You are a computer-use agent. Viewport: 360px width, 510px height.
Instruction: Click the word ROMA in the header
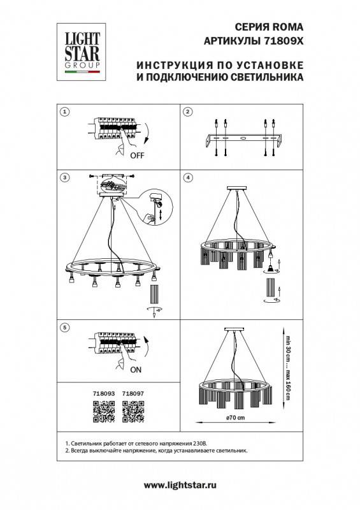[285, 27]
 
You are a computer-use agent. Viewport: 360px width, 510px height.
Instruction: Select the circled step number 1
[64, 112]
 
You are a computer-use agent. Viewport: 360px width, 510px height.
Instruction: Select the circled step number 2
[187, 112]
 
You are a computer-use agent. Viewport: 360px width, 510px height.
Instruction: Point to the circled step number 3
[64, 176]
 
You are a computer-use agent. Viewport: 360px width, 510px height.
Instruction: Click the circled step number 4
[187, 176]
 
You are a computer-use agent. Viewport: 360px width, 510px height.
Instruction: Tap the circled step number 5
[64, 327]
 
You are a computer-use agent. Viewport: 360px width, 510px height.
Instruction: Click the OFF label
[137, 155]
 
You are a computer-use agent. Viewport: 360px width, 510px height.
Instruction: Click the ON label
[136, 369]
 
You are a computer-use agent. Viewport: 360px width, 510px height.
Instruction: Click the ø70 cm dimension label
[236, 418]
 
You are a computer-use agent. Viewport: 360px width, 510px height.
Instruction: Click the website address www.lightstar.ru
[181, 486]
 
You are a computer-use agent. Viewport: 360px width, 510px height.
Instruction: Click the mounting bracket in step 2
[241, 138]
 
